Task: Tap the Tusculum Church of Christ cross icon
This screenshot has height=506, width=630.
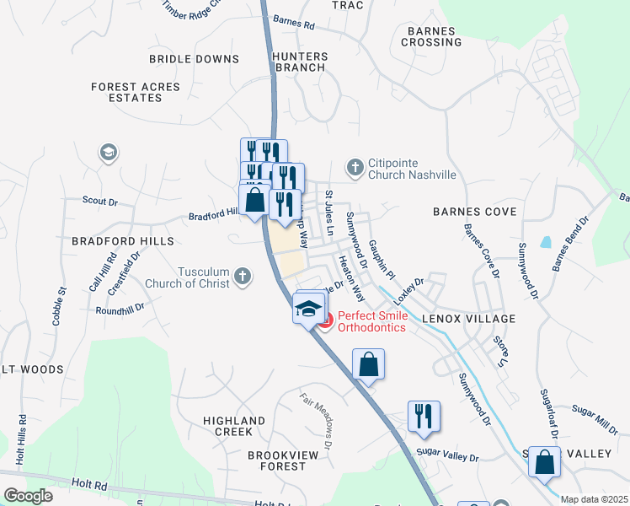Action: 243,276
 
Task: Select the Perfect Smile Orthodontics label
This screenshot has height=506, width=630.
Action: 371,321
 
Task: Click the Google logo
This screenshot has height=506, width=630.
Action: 29,496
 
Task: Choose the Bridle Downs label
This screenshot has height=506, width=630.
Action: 194,59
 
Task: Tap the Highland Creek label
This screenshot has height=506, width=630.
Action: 234,426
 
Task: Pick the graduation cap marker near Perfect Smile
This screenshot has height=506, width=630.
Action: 308,308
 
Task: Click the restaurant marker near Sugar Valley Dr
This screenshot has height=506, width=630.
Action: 423,416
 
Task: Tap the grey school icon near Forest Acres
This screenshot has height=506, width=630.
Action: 107,153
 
